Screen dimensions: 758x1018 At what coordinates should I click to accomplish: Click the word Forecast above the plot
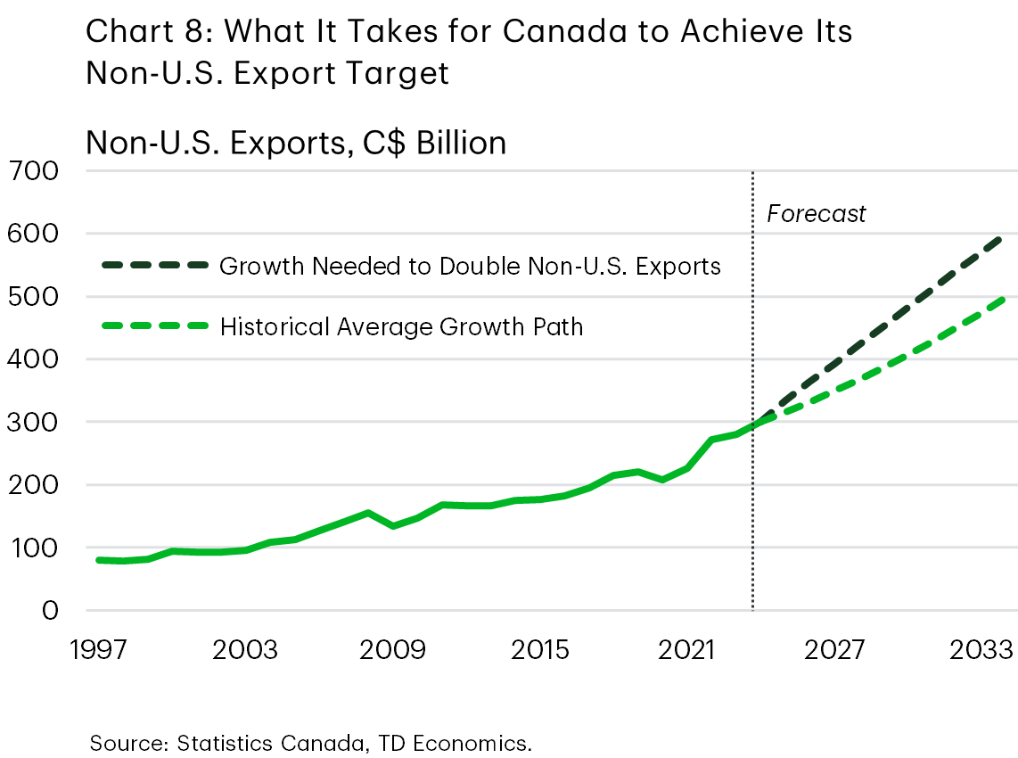[816, 214]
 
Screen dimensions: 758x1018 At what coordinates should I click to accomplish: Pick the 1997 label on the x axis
[99, 649]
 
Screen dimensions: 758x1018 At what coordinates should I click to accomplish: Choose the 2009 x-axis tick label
[393, 649]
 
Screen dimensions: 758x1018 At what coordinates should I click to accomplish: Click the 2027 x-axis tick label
[833, 649]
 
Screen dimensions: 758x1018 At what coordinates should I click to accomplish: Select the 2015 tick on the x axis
[540, 649]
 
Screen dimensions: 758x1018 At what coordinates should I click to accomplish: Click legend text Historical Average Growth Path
[401, 326]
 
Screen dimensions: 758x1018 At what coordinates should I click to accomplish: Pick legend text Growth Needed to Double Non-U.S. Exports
[470, 266]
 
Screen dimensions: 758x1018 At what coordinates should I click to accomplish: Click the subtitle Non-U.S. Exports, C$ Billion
[296, 142]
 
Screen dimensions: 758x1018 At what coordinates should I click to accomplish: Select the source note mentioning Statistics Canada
[310, 743]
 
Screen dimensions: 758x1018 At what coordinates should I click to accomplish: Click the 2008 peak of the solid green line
[368, 513]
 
